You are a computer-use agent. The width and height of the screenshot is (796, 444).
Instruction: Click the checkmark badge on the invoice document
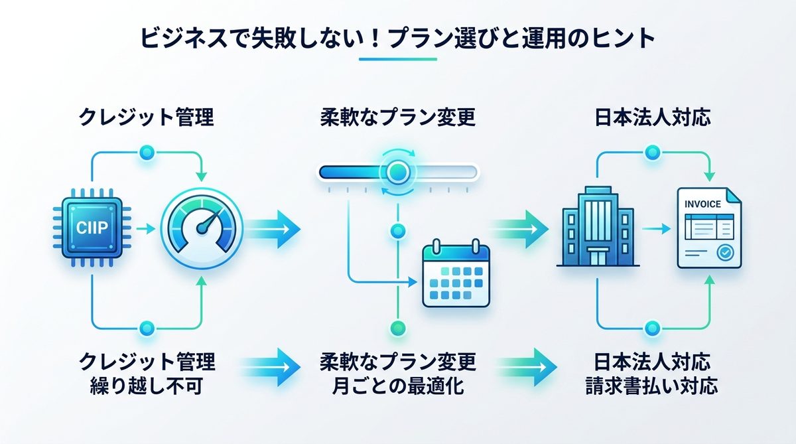[x=725, y=252]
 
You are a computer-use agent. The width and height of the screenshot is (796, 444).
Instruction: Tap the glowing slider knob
[x=398, y=172]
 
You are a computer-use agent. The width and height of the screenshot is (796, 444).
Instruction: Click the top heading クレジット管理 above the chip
[x=146, y=119]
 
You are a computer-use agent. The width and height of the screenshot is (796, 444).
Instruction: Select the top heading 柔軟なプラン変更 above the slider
[x=397, y=119]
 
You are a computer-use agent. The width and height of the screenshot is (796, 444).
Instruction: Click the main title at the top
[x=397, y=38]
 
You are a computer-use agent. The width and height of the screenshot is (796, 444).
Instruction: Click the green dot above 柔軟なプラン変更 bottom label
[x=397, y=327]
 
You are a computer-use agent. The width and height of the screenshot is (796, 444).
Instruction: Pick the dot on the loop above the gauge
[x=147, y=153]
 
